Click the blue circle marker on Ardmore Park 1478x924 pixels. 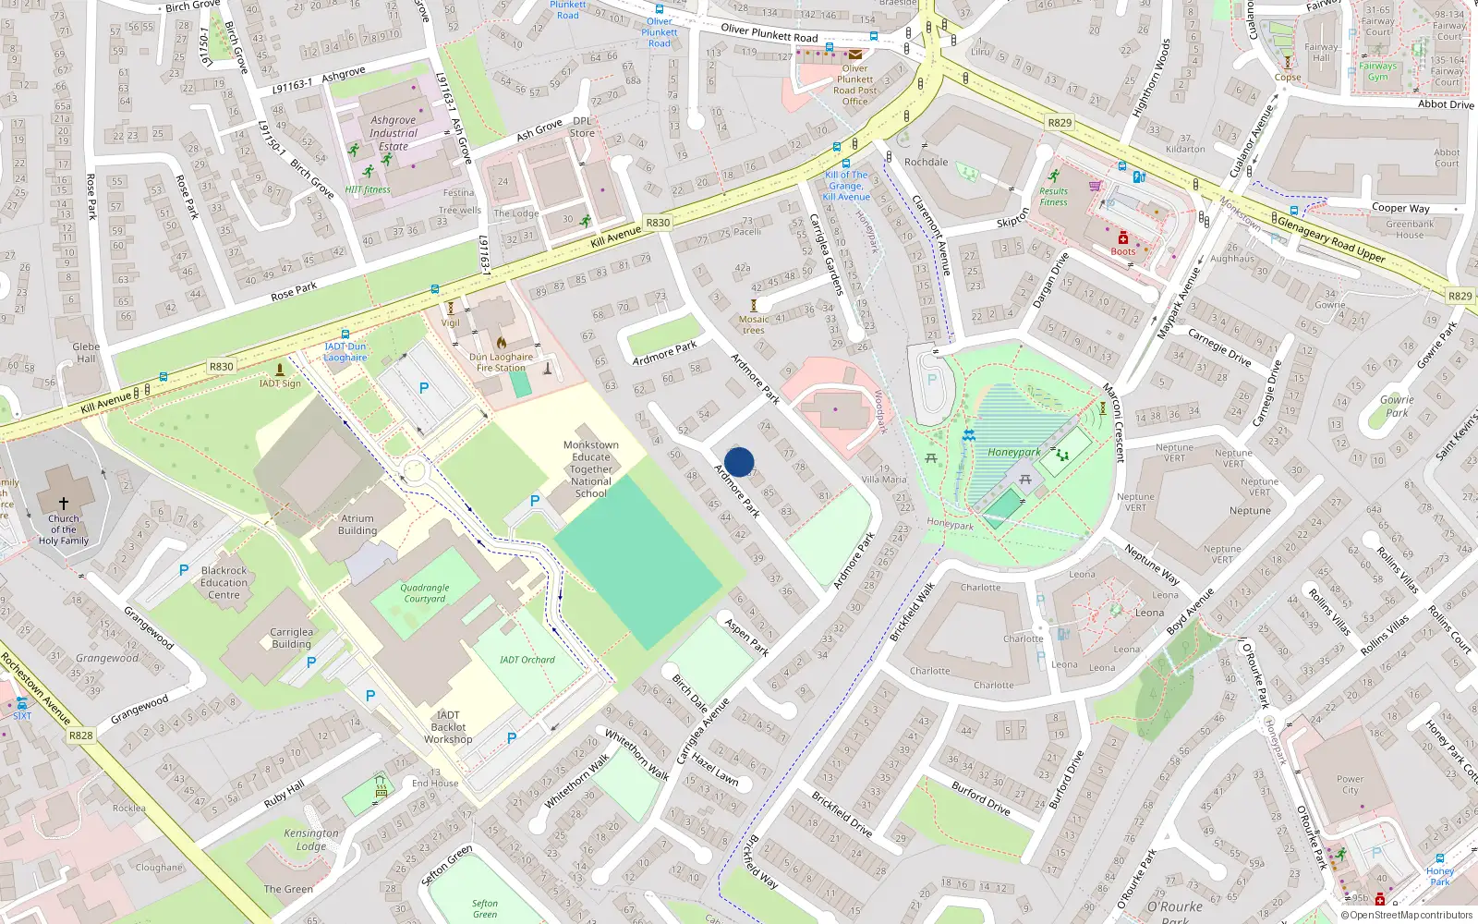[739, 462]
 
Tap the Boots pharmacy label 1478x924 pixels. [1123, 251]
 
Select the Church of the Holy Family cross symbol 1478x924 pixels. [64, 503]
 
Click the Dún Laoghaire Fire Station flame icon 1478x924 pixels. [502, 342]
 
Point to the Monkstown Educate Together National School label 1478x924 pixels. [591, 469]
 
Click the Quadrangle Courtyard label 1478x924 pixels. [425, 593]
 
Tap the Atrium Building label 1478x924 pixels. [357, 525]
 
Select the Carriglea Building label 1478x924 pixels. [292, 638]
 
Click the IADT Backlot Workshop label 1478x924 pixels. [448, 727]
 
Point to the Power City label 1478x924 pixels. [1350, 784]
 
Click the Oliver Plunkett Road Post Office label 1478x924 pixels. [855, 85]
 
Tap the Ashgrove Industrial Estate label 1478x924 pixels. [394, 133]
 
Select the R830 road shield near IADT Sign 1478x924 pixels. [222, 367]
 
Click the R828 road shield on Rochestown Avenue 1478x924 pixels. [81, 736]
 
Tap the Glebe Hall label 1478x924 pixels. [86, 353]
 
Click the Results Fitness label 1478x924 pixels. [1053, 197]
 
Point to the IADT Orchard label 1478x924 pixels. [527, 660]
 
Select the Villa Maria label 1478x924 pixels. [884, 480]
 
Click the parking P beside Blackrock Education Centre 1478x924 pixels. [184, 570]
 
